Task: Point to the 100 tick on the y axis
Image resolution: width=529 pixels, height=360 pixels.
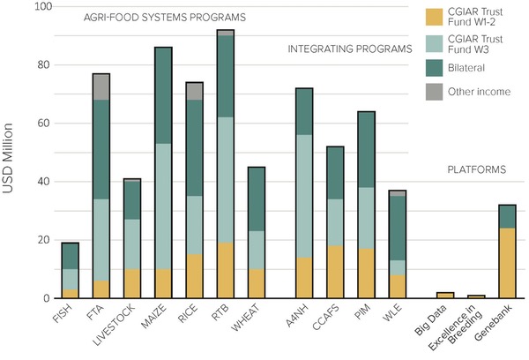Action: (37, 7)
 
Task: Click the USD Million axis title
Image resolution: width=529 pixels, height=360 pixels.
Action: (11, 150)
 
